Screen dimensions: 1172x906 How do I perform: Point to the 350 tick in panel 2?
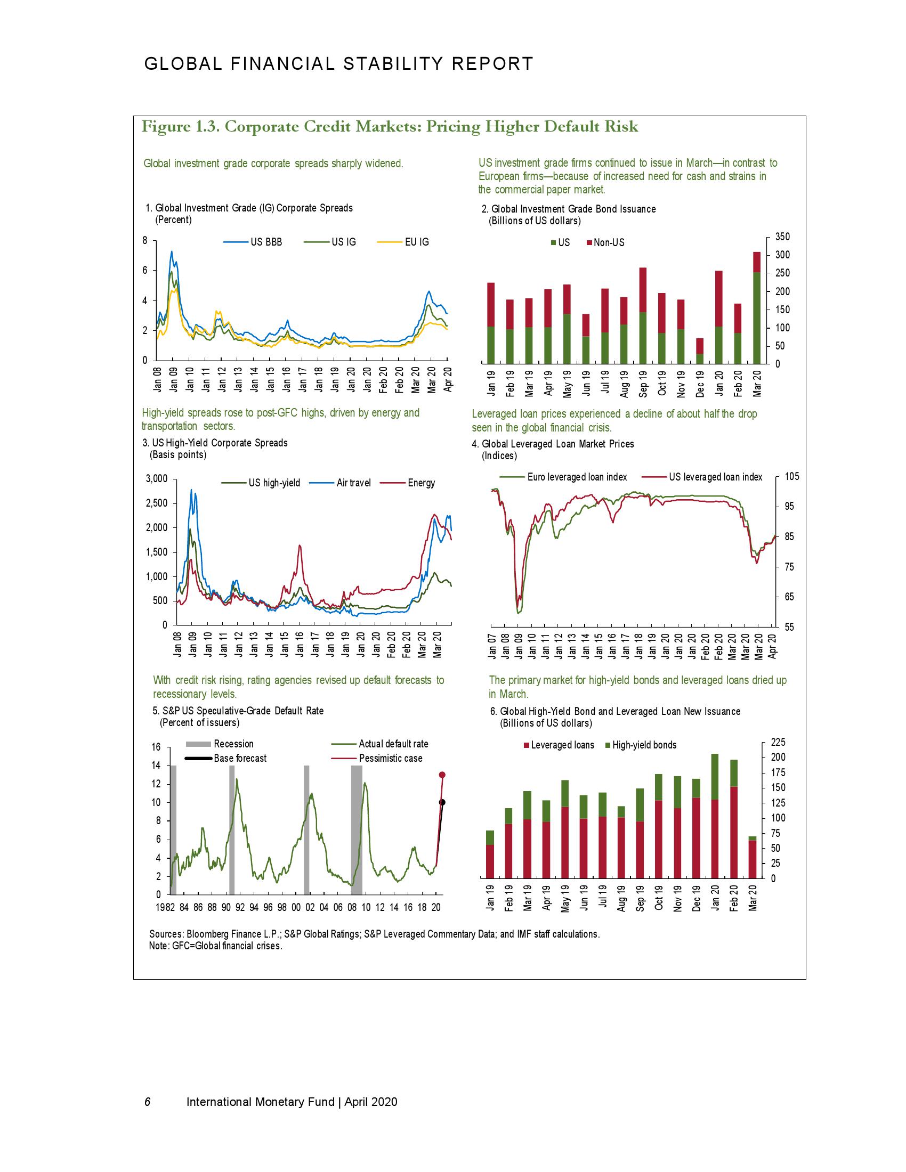[x=783, y=237]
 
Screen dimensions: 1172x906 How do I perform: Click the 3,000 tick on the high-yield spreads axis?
[x=157, y=479]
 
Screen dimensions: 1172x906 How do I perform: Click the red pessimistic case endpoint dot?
[x=442, y=775]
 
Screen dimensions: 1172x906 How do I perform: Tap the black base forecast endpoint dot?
[x=442, y=802]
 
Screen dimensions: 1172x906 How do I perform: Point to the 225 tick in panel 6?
[x=778, y=742]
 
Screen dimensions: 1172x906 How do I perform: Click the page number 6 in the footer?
[x=148, y=1102]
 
